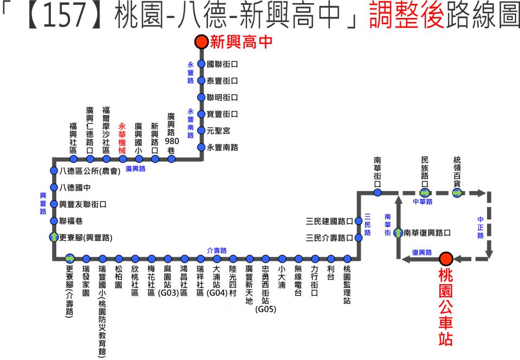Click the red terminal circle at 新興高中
[201, 42]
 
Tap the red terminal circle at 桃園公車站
[446, 259]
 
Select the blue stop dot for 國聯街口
[201, 64]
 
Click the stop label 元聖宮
[218, 130]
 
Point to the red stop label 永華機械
[122, 139]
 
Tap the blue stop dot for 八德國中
[54, 187]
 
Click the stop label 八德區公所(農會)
[89, 171]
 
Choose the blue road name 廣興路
[135, 169]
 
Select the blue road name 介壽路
[217, 250]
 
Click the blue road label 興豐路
[43, 203]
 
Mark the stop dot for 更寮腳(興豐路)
[54, 237]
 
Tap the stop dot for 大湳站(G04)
[217, 259]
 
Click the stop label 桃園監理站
[347, 284]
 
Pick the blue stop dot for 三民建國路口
[359, 221]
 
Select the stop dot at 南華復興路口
[398, 233]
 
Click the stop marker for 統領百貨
[457, 193]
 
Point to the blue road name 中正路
[480, 228]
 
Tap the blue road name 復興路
[422, 252]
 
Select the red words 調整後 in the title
[407, 15]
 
